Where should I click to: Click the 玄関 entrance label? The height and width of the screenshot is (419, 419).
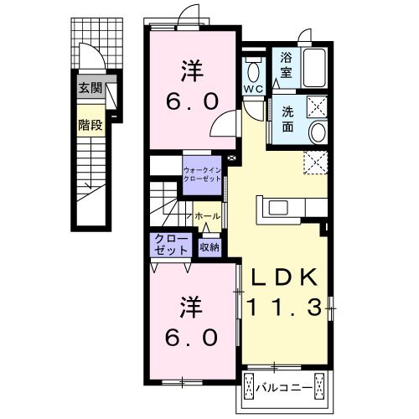pyautogui.click(x=91, y=89)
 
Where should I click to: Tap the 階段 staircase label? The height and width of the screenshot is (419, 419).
pyautogui.click(x=91, y=125)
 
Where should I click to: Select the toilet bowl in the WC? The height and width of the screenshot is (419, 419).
pyautogui.click(x=253, y=73)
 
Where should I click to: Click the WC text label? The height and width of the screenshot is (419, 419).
pyautogui.click(x=253, y=89)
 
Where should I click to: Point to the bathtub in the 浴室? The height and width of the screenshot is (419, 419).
pyautogui.click(x=314, y=68)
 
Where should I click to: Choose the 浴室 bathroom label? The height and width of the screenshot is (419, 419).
pyautogui.click(x=287, y=65)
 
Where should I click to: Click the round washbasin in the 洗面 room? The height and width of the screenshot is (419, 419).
pyautogui.click(x=318, y=132)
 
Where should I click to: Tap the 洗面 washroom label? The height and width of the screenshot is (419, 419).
pyautogui.click(x=287, y=119)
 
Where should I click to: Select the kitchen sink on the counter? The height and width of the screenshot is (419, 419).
pyautogui.click(x=280, y=208)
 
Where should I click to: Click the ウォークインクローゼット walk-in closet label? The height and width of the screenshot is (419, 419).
pyautogui.click(x=202, y=174)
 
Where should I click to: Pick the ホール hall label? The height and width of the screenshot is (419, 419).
pyautogui.click(x=208, y=216)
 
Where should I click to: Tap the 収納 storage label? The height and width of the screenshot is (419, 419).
pyautogui.click(x=209, y=247)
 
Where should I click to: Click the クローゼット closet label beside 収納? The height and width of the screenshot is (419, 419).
pyautogui.click(x=171, y=245)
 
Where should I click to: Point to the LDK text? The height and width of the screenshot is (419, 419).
pyautogui.click(x=284, y=277)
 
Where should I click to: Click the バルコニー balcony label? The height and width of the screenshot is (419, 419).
pyautogui.click(x=284, y=388)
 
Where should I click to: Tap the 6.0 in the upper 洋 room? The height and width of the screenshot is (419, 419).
pyautogui.click(x=192, y=101)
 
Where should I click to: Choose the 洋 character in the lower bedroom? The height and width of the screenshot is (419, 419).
pyautogui.click(x=192, y=308)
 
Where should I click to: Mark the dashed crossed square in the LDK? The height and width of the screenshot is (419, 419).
pyautogui.click(x=316, y=163)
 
